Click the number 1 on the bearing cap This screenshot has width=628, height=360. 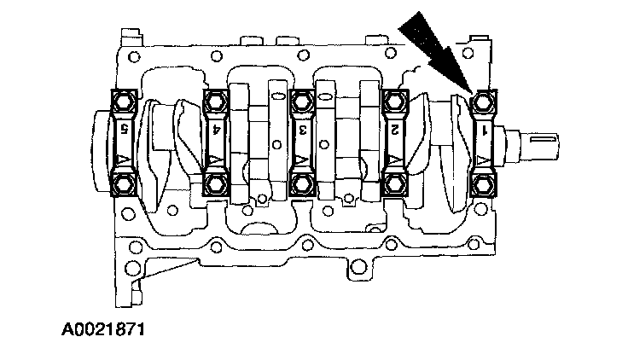[485, 130]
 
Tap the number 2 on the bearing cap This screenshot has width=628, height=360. [395, 130]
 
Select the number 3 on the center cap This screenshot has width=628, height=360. [303, 130]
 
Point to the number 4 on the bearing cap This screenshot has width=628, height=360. [216, 130]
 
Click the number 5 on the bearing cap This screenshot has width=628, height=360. [125, 130]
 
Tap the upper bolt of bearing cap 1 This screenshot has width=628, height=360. [484, 102]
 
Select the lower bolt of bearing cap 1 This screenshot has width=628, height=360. [484, 185]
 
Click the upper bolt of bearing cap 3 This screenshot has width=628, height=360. [302, 102]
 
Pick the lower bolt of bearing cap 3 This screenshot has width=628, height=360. [302, 185]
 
